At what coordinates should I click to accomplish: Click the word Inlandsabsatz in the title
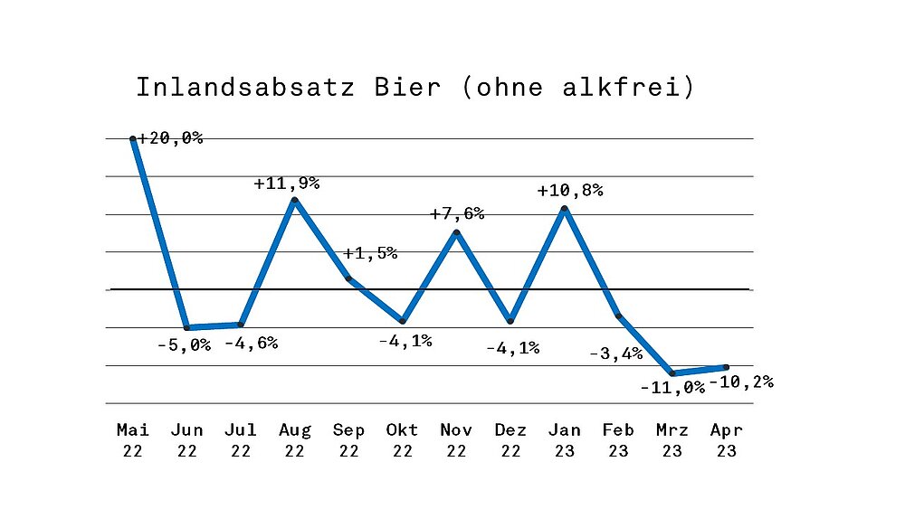pos(245,88)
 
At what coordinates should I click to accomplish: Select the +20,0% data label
pos(171,138)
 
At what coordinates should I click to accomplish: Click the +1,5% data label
pos(370,253)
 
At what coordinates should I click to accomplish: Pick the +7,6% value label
pos(456,214)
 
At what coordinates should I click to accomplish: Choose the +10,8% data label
pos(569,192)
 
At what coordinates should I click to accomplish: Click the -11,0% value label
pos(672,387)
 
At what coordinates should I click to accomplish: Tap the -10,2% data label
pos(741,382)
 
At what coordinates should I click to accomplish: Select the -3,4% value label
pos(616,353)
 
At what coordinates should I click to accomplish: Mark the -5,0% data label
pos(184,344)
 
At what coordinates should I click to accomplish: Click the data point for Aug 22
pos(294,200)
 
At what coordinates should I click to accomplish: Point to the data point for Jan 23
pos(565,209)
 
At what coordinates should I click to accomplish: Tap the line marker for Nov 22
pos(457,233)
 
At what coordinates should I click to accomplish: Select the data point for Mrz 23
pos(672,372)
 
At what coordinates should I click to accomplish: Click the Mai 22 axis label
pos(133,440)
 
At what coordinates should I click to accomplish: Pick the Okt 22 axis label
pos(403,440)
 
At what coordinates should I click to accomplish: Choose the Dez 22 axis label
pos(510,440)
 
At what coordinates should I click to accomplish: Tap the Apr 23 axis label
pos(726,440)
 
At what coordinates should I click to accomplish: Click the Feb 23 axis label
pos(618,440)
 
